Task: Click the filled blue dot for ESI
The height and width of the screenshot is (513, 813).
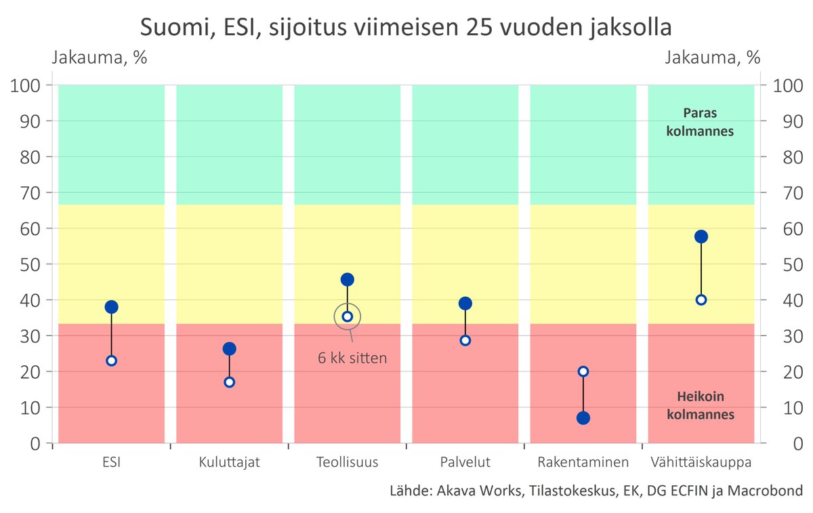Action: pos(112,307)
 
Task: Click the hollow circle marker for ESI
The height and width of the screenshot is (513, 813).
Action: pos(112,361)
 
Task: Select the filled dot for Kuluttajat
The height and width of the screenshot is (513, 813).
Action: pos(229,349)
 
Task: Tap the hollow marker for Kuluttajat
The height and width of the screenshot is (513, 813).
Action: pos(229,382)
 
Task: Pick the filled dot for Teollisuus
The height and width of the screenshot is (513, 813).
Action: pos(348,279)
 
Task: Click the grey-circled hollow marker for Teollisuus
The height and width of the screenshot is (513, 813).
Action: pos(348,316)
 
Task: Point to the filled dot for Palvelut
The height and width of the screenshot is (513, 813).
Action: pos(465,303)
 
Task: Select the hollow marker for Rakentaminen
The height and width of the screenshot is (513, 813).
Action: pos(583,371)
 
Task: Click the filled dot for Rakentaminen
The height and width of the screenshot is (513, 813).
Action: pos(583,418)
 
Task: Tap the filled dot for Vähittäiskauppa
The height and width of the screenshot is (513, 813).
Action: pos(701,237)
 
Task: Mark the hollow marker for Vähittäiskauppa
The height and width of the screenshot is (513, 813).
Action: pos(701,300)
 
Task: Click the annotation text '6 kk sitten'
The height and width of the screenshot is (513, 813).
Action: pos(352,358)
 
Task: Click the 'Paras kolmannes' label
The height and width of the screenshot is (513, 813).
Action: pos(700,122)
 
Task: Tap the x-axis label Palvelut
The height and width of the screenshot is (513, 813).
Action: pos(465,463)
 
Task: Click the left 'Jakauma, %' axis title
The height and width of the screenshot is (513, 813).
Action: pos(100,58)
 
